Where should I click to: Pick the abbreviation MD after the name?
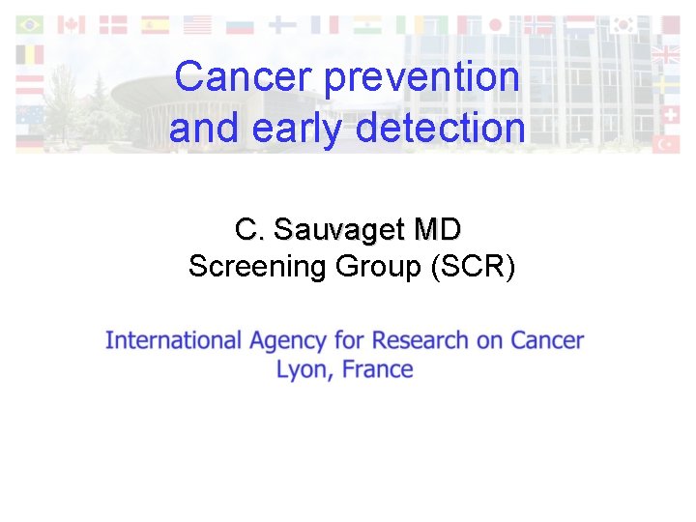point(437,230)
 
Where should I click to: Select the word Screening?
point(257,266)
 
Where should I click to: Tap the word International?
point(173,340)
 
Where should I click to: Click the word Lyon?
point(301,369)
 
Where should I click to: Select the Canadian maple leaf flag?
point(72,24)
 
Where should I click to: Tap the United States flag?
point(197,24)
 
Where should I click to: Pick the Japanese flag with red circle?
point(497,24)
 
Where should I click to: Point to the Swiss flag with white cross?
point(667,114)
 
